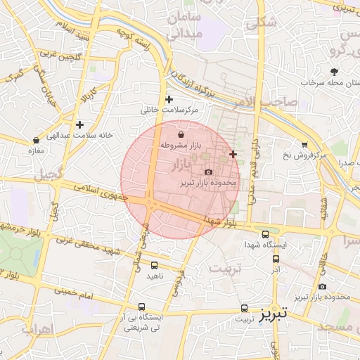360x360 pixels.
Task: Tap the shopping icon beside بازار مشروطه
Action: point(182,133)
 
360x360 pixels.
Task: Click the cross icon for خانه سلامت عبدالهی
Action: point(80,124)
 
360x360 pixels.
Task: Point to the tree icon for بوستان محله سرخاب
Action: point(334,72)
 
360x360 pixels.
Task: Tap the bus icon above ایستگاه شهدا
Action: point(265,234)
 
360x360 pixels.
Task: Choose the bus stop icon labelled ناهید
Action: point(155,265)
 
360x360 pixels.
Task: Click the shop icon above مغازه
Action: point(36,140)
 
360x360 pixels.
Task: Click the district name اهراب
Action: point(41,329)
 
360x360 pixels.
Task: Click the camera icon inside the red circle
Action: point(208,172)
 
